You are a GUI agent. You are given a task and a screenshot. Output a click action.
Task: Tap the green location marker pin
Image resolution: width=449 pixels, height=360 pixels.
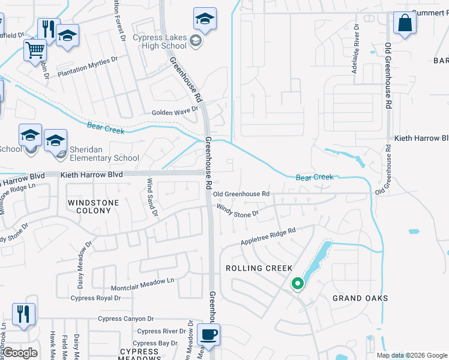click(x=297, y=283)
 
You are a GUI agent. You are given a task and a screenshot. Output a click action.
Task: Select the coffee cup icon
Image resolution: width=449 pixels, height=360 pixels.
click(x=208, y=334)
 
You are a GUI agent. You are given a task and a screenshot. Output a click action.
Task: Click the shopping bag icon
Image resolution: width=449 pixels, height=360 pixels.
click(x=405, y=23)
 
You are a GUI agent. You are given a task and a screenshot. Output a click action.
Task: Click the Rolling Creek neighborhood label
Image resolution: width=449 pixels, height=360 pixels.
click(x=258, y=268)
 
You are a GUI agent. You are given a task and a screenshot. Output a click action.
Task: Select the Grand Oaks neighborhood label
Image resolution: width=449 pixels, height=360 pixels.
click(x=360, y=298)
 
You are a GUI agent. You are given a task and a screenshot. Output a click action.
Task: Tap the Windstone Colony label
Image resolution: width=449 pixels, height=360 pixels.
click(x=93, y=203)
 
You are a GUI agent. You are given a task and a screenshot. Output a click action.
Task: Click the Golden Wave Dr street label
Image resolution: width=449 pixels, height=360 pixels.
click(x=175, y=111)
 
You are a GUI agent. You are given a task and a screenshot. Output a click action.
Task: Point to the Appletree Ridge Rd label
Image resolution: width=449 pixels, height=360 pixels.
click(x=268, y=235)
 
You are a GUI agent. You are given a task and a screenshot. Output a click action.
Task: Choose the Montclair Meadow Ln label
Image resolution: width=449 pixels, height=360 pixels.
click(x=142, y=280)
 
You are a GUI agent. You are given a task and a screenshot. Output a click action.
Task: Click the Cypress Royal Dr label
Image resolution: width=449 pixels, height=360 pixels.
click(x=95, y=298)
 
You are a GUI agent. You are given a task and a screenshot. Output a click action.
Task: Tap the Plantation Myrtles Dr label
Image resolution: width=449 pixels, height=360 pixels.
click(x=88, y=65)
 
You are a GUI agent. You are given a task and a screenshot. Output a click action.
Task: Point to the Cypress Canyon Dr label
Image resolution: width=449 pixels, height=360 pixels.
click(x=126, y=319)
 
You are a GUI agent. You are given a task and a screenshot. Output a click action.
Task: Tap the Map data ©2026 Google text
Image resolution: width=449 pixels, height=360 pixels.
click(x=411, y=355)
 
